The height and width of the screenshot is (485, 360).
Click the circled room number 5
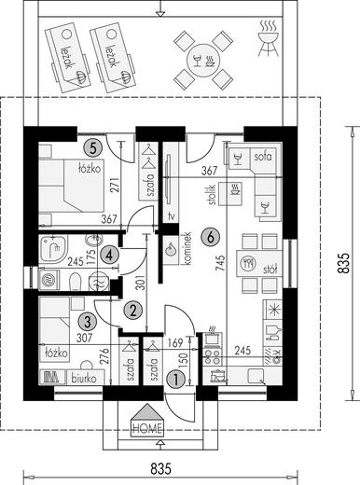(93, 148)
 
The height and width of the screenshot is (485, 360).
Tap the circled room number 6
(211, 238)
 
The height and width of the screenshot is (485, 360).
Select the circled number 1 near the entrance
(176, 380)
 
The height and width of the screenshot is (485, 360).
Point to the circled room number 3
(88, 322)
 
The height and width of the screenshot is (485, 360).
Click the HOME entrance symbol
(146, 421)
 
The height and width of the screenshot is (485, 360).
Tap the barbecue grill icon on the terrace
(268, 38)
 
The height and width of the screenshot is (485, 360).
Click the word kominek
(187, 249)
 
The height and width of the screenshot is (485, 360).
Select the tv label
(171, 215)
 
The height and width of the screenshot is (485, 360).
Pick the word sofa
(263, 157)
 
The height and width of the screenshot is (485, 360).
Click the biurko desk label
(84, 379)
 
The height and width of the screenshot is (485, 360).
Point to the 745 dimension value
(220, 264)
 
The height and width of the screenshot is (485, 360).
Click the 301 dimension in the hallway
(141, 283)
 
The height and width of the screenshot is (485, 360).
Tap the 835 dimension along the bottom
(160, 469)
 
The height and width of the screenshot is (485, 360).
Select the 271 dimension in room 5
(115, 186)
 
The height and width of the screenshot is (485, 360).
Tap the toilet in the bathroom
(75, 282)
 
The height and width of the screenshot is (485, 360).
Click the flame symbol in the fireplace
(171, 249)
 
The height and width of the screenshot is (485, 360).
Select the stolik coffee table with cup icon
(230, 194)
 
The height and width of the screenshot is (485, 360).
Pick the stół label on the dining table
(270, 269)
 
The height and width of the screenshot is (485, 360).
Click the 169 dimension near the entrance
(175, 343)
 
